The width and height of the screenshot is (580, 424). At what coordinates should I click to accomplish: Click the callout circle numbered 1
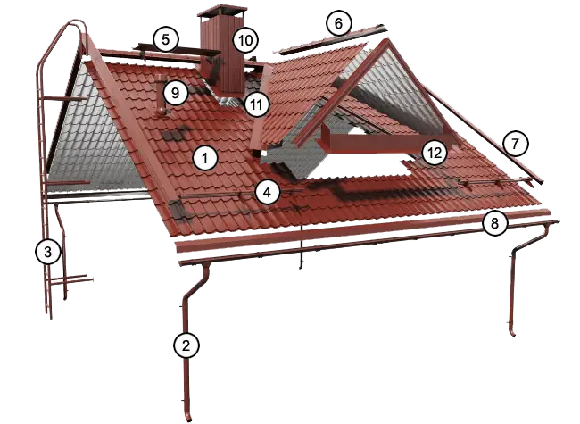tap(204, 159)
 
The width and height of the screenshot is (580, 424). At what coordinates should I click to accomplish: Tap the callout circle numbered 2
tap(185, 345)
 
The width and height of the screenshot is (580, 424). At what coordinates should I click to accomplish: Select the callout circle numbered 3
tap(49, 252)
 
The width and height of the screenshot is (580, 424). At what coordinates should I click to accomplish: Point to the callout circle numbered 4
tap(266, 190)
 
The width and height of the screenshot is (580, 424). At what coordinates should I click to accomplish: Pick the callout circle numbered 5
tap(165, 38)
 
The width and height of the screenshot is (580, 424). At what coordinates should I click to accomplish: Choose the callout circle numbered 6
tap(338, 22)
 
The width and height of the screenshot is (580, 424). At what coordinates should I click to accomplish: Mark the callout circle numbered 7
tap(515, 141)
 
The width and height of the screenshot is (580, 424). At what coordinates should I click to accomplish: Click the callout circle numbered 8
tap(494, 222)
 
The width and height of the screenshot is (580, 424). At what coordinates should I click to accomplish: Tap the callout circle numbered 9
tap(175, 91)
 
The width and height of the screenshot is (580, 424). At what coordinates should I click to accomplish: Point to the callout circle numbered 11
tap(257, 104)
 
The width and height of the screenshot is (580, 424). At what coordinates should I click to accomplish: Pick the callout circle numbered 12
tap(435, 153)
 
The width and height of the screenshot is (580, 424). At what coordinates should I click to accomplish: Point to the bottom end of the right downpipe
tap(514, 335)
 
